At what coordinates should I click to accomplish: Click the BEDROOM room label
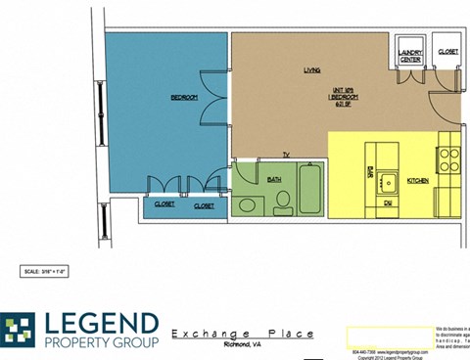(185, 97)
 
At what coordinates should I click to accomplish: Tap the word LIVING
(312, 70)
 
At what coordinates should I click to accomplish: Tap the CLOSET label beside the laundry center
(447, 51)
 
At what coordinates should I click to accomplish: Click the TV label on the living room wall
(287, 155)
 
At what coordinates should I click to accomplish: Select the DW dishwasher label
(388, 202)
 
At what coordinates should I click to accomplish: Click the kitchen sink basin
(389, 182)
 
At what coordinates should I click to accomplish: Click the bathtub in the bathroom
(313, 188)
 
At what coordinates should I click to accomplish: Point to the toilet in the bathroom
(282, 202)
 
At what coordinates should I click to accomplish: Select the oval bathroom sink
(247, 205)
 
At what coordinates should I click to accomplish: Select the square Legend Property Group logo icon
(17, 331)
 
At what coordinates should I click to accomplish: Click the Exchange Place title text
(243, 334)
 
